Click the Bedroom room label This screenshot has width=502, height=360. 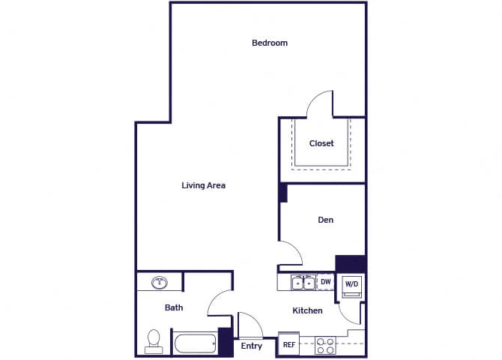[270, 43]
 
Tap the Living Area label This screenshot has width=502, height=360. [203, 185]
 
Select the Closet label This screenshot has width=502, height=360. [321, 143]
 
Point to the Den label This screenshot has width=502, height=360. [326, 220]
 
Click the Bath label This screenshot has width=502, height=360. [174, 307]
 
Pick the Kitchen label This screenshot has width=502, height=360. [307, 310]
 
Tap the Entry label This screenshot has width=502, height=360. [251, 346]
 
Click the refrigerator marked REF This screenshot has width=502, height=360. [288, 344]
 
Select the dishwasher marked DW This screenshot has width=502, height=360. [326, 282]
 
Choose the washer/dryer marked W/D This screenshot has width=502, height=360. [351, 285]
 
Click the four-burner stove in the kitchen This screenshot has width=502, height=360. [325, 346]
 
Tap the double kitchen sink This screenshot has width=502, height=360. [303, 283]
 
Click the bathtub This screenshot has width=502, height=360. [196, 343]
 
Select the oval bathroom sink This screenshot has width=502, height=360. [160, 283]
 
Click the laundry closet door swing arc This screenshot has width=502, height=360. [345, 317]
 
